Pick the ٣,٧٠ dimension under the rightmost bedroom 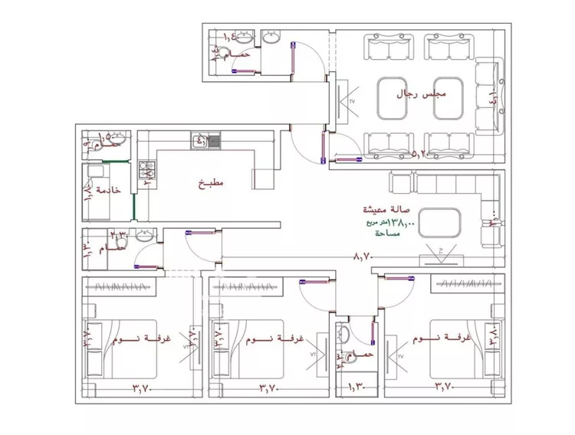coord(445,388)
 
